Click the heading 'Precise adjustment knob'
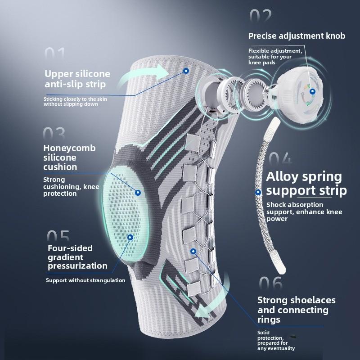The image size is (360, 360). tap(297, 36)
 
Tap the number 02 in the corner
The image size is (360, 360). tap(261, 15)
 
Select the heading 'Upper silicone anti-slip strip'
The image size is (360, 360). tap(77, 79)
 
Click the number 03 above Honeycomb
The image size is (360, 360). tap(54, 134)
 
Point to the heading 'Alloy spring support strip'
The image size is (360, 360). tap(306, 184)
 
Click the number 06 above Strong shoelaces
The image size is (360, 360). tap(271, 283)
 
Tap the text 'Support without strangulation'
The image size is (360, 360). tap(85, 280)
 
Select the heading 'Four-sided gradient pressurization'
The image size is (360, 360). tap(77, 257)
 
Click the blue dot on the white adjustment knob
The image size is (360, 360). tap(312, 92)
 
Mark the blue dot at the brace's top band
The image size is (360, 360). tap(186, 71)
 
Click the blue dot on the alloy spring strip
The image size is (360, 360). tap(258, 192)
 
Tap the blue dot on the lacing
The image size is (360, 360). tap(193, 252)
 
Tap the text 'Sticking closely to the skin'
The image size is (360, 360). tap(75, 99)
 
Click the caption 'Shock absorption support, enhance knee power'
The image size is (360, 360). tap(304, 211)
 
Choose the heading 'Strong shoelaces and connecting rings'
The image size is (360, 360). tap(296, 310)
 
